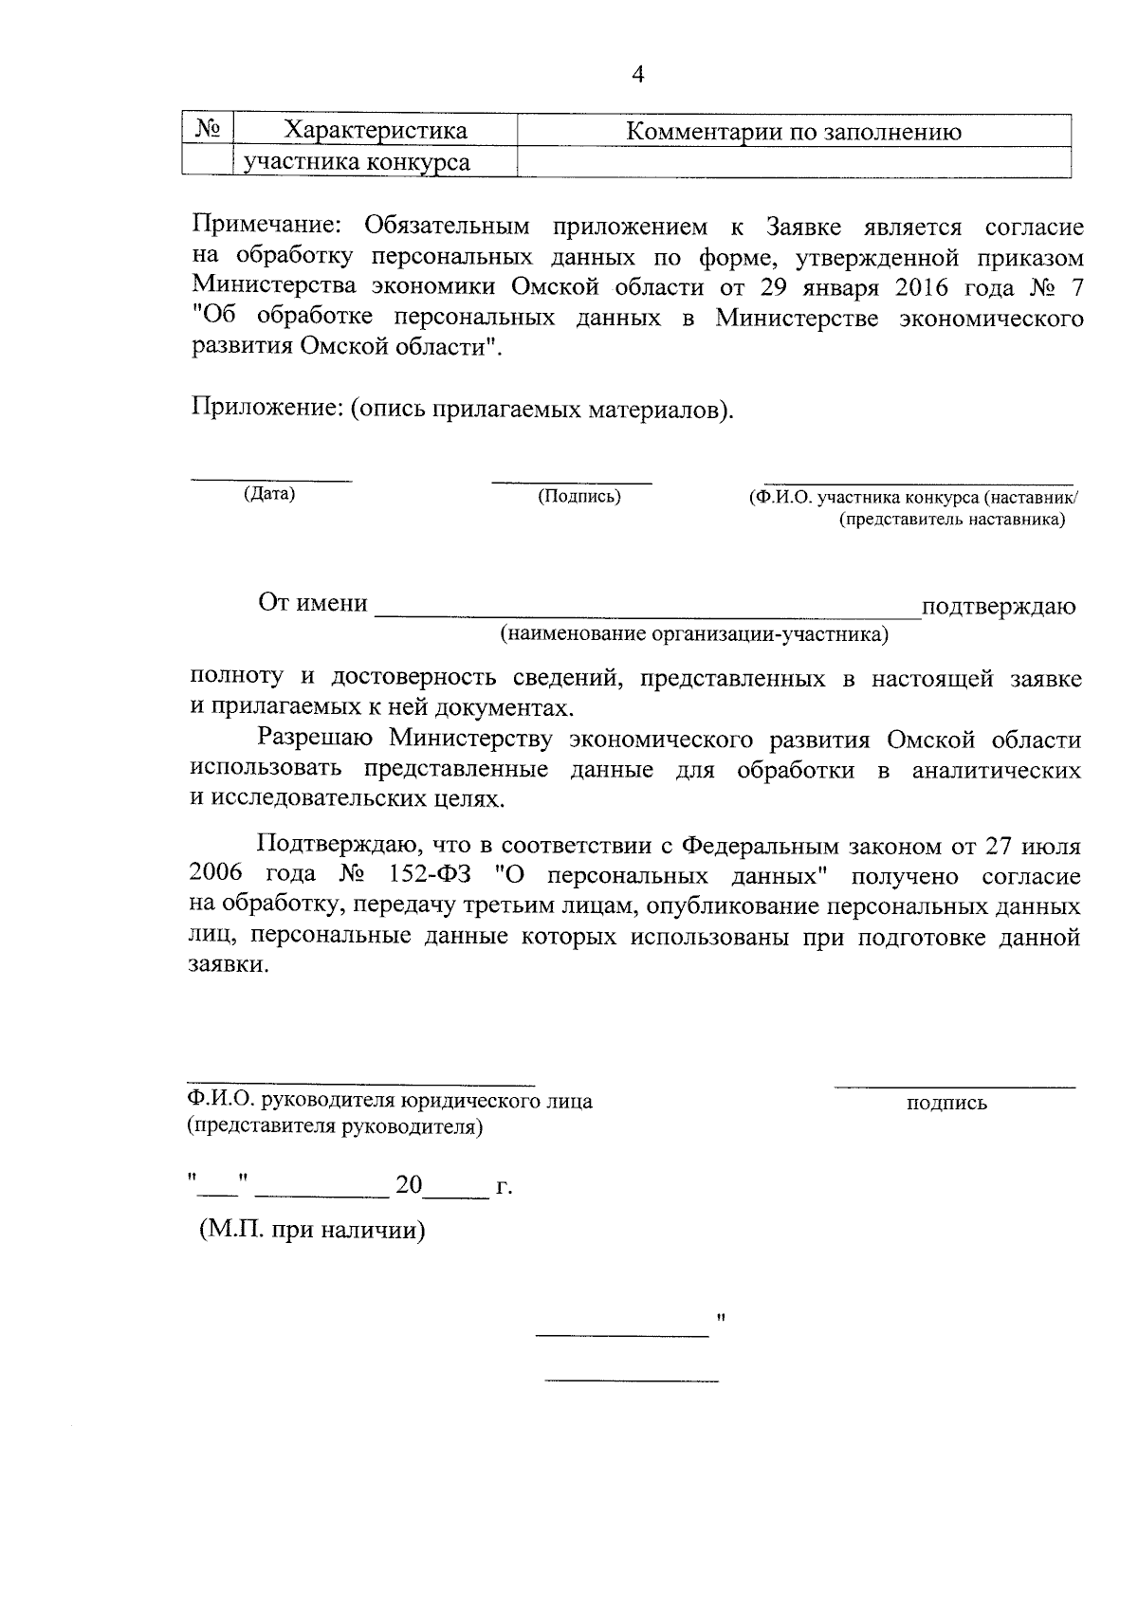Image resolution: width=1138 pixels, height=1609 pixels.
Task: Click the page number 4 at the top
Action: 637,75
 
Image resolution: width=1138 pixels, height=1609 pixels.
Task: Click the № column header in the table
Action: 208,129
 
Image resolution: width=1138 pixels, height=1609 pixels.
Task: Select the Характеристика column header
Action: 376,131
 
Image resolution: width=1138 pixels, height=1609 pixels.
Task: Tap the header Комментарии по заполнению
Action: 794,132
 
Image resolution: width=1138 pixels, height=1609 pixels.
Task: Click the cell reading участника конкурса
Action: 357,162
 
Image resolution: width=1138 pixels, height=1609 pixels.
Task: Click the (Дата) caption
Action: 269,494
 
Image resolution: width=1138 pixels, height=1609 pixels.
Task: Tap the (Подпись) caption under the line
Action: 578,496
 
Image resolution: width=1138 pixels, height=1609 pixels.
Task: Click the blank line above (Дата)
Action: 271,480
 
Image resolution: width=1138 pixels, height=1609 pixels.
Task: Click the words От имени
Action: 313,603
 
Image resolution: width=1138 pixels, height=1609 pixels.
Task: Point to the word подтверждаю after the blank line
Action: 999,606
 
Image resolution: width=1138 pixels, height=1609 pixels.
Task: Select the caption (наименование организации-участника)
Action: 694,633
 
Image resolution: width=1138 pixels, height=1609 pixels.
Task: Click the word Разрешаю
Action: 315,739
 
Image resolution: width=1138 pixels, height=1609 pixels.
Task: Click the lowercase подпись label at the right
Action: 946,1103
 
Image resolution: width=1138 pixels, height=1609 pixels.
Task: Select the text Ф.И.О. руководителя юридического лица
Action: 390,1101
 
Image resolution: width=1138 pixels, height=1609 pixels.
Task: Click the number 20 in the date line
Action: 409,1184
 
